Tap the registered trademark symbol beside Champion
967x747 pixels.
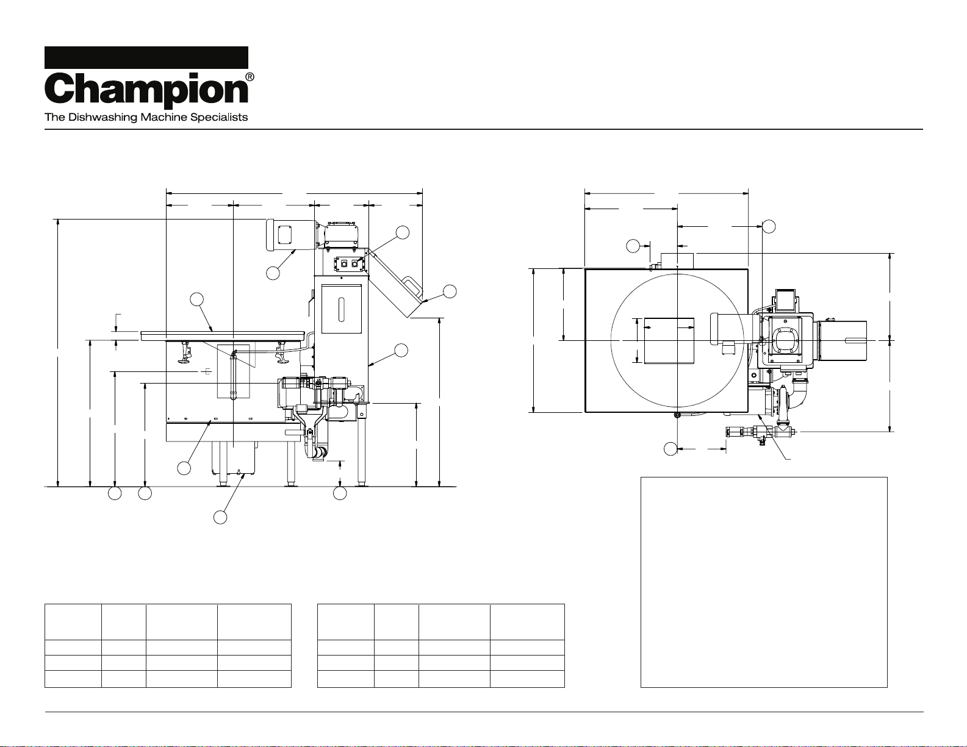250,77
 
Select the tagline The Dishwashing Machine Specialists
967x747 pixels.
146,117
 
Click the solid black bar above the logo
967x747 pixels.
146,57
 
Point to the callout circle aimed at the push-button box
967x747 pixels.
403,232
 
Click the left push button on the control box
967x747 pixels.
343,263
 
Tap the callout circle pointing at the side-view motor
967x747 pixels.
273,273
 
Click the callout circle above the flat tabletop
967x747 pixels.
196,299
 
